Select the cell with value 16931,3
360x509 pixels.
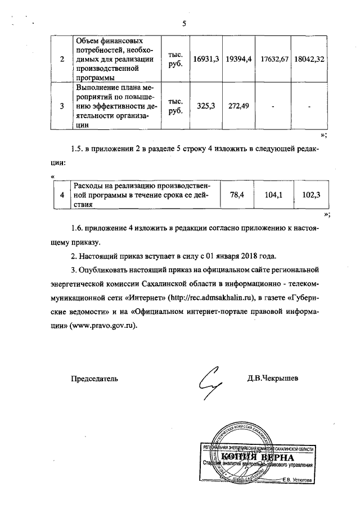click(205, 59)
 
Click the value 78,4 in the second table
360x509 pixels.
click(235, 195)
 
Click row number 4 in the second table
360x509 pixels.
click(62, 195)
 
